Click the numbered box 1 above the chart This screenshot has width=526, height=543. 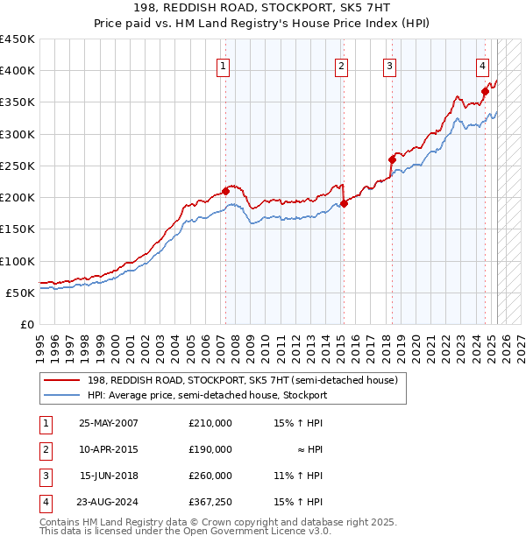[223, 66]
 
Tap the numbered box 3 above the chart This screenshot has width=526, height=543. [388, 66]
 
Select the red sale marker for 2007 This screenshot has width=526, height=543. [225, 191]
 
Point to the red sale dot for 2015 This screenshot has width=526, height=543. [344, 204]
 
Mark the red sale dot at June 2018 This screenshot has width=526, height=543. [392, 159]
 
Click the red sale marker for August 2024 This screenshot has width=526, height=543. [485, 91]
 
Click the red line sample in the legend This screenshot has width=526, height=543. [62, 380]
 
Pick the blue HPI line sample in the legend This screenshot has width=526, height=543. [62, 395]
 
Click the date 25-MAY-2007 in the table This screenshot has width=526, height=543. [108, 423]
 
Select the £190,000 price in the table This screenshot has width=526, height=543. [210, 449]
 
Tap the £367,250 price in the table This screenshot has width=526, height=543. [210, 502]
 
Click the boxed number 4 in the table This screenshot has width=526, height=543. [43, 502]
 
